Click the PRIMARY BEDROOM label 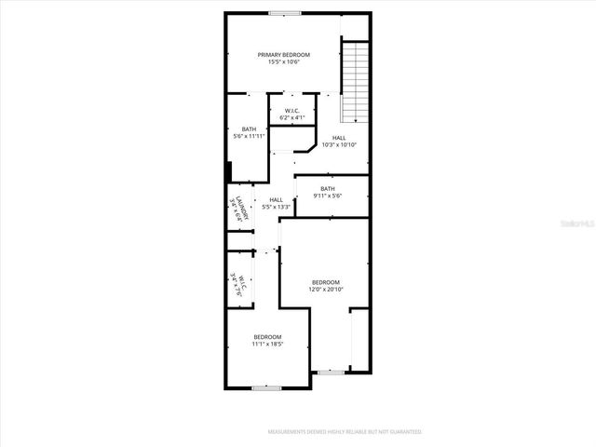[284, 55]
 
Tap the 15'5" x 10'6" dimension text [284, 62]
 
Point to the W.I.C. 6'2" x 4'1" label [292, 115]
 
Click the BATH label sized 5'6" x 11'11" [249, 129]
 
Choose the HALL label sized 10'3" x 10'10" [339, 141]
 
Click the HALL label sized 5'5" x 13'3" [277, 203]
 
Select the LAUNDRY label [239, 207]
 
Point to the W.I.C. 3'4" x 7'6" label [237, 282]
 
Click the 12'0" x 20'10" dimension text [325, 290]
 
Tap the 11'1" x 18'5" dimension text [267, 344]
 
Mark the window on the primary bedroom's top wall [285, 13]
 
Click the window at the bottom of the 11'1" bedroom [267, 387]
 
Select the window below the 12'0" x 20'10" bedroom [329, 372]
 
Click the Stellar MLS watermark [575, 224]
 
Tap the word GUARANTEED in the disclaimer [401, 432]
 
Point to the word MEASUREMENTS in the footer [290, 432]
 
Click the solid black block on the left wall [228, 173]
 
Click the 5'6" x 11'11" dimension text [249, 137]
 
